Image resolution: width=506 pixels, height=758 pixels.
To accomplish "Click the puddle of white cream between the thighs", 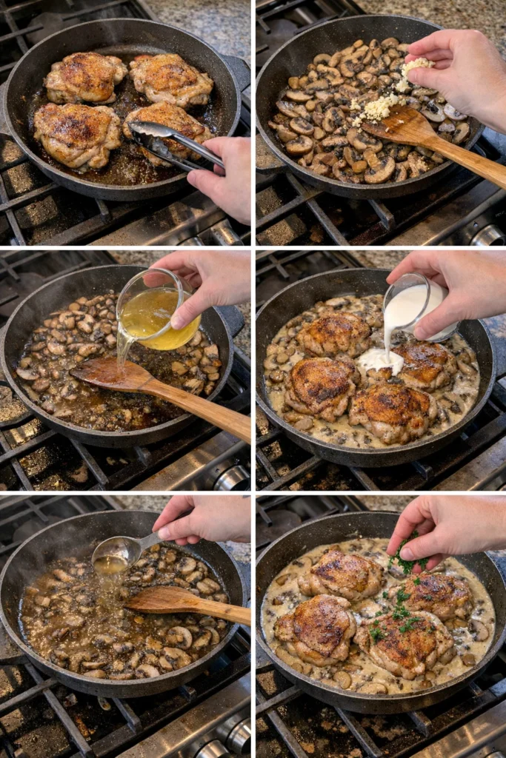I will tap(380, 360).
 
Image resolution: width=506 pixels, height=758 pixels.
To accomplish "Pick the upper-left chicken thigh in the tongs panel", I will tap(85, 78).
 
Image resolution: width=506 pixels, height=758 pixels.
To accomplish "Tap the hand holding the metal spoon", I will tap(204, 518).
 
